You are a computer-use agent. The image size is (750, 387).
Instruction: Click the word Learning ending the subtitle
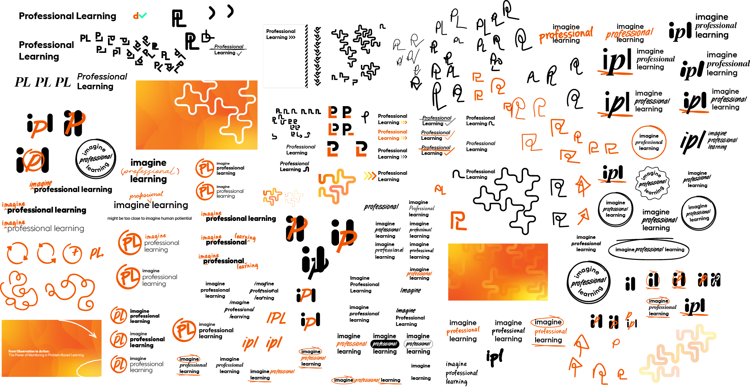77,355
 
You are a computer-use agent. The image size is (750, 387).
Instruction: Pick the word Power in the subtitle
19,355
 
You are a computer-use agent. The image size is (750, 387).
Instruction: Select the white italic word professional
384,344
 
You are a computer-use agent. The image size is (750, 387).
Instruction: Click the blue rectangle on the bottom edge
153,378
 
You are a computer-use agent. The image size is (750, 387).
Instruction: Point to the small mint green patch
141,18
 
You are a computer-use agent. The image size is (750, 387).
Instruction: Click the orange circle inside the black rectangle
185,330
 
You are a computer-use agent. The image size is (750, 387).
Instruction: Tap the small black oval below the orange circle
189,359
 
